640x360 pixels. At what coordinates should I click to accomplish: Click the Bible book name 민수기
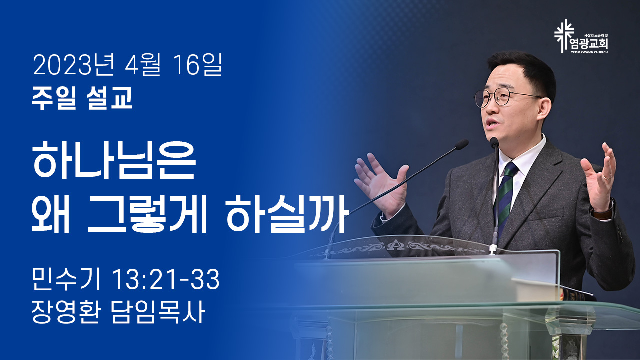pos(66,279)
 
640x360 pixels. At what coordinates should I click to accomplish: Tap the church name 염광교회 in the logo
pos(589,44)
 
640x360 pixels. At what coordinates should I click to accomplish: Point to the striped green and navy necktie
pos(504,197)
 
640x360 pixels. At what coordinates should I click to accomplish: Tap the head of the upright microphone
pos(494,142)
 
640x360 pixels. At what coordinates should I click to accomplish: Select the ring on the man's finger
pos(608,178)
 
